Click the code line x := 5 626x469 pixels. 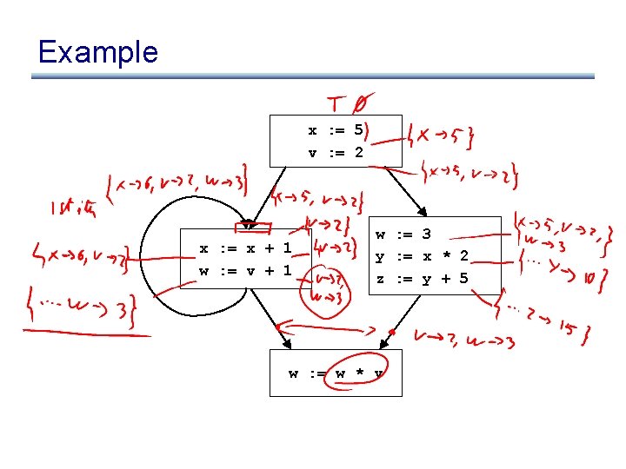point(336,131)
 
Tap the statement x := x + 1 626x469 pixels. point(245,248)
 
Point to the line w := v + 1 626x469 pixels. point(245,270)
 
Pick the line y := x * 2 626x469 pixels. point(422,256)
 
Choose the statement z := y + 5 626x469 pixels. point(422,279)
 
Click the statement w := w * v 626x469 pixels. point(336,374)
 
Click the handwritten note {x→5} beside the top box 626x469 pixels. point(442,135)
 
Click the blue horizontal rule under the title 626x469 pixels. point(313,76)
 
